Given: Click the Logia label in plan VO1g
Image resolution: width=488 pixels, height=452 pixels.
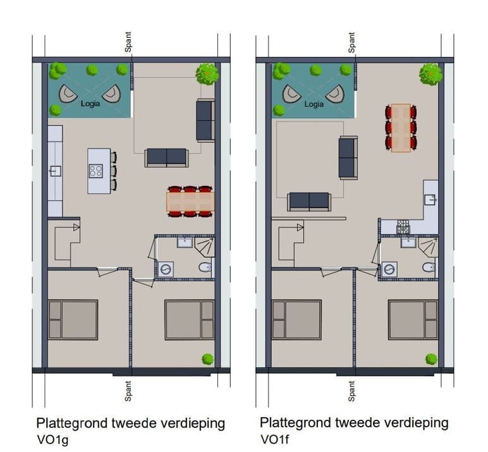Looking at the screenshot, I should pyautogui.click(x=90, y=104).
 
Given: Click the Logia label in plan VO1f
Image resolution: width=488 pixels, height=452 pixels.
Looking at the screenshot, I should pyautogui.click(x=314, y=104).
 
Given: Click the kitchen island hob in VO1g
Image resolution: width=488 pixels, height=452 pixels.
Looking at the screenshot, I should pyautogui.click(x=96, y=170).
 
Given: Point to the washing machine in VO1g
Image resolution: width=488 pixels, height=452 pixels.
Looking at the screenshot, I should pyautogui.click(x=166, y=269).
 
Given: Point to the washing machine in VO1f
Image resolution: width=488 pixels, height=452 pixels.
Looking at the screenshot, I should pyautogui.click(x=389, y=269).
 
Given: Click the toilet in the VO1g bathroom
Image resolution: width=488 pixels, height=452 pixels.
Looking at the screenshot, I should pyautogui.click(x=205, y=268).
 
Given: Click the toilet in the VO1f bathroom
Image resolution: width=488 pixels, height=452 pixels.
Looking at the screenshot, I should pyautogui.click(x=429, y=267).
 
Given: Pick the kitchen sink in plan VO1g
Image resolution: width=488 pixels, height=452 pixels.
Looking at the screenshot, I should pyautogui.click(x=55, y=170).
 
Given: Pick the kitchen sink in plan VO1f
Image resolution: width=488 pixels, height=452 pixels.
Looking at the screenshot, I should pyautogui.click(x=430, y=199).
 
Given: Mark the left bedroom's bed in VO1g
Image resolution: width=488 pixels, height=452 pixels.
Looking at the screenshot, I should pyautogui.click(x=73, y=320).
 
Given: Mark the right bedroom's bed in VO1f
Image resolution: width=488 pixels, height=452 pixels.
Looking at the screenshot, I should pyautogui.click(x=413, y=320).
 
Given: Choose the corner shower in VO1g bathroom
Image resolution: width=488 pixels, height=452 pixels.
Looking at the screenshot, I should pyautogui.click(x=205, y=247).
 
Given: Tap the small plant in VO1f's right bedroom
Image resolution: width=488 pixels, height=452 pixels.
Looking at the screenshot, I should pyautogui.click(x=431, y=359).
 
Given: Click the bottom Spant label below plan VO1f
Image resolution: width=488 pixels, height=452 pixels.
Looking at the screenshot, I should pyautogui.click(x=351, y=391).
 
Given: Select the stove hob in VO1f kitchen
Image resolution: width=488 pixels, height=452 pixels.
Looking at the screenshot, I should pyautogui.click(x=403, y=227).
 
